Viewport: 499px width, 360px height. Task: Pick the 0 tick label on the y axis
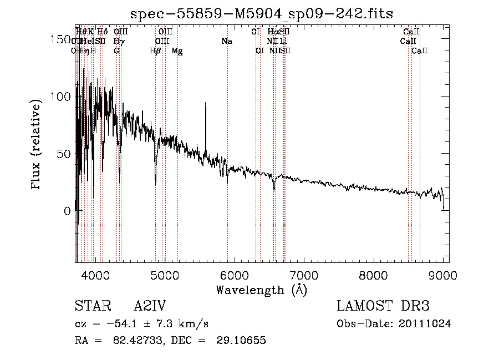click(67, 211)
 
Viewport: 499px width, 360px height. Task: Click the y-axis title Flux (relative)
click(37, 145)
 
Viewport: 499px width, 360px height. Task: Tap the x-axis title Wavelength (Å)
click(262, 290)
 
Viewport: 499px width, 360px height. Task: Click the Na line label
click(226, 41)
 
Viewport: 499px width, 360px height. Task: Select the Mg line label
click(177, 51)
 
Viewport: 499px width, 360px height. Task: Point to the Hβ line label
click(155, 51)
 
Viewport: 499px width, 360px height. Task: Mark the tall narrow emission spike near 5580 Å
click(206, 105)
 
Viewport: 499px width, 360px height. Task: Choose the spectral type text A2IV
click(150, 307)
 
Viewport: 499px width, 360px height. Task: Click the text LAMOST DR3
click(383, 307)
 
